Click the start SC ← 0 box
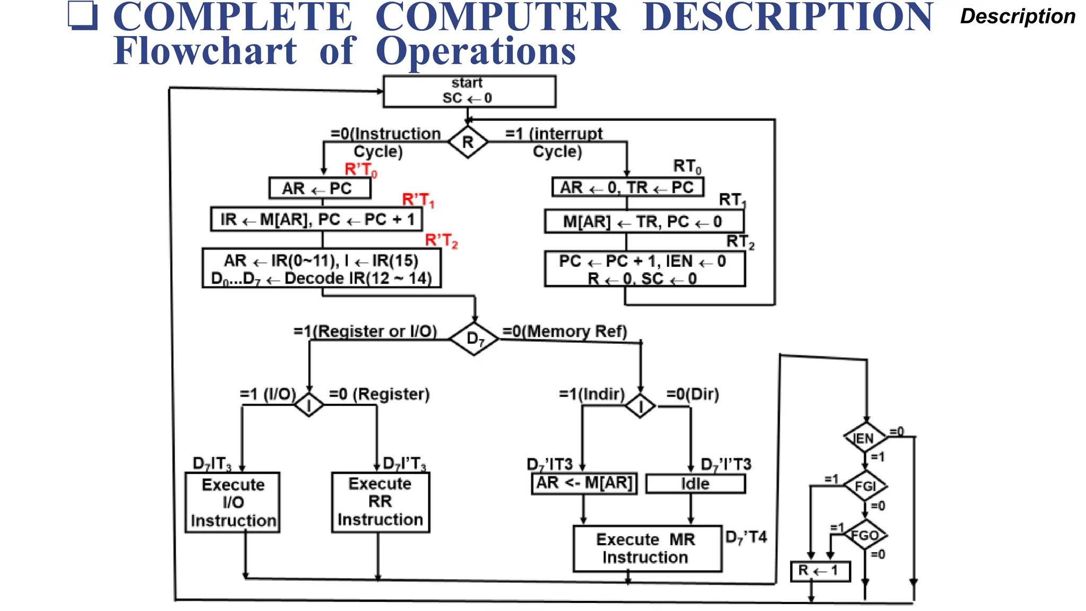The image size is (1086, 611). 469,91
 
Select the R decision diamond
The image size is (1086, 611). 468,142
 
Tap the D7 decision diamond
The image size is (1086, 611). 474,338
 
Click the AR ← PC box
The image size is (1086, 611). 319,188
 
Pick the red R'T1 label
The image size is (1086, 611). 418,200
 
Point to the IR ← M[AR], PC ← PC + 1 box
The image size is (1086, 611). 317,220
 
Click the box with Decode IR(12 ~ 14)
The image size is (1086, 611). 321,269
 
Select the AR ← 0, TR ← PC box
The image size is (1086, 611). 627,187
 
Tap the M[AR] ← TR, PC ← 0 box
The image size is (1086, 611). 643,222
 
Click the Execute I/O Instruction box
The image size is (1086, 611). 232,502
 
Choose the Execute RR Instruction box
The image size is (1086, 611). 380,502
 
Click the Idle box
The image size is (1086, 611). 695,484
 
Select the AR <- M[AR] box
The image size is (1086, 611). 584,483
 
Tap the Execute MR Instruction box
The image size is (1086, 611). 647,548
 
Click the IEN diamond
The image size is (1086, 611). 865,438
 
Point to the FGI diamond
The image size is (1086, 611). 865,486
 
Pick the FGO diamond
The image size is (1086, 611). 865,535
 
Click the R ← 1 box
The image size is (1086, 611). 820,571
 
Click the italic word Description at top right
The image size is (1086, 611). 1017,16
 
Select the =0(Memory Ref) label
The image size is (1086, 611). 564,331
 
